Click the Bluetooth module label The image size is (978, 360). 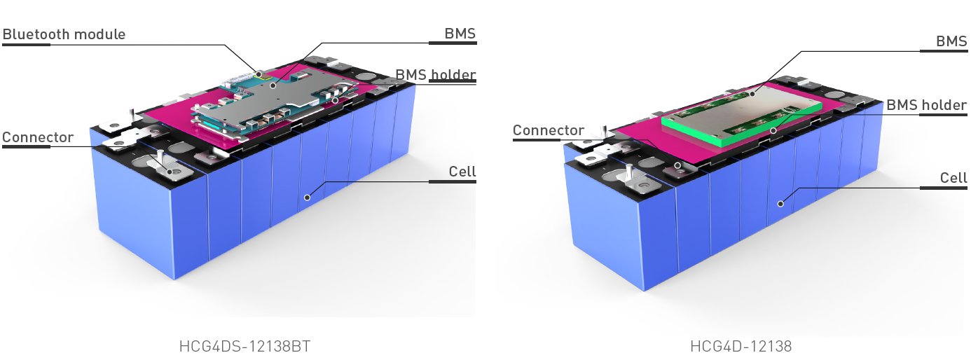pyautogui.click(x=64, y=34)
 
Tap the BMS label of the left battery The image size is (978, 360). pyautogui.click(x=460, y=34)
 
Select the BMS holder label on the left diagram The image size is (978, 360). pyautogui.click(x=436, y=75)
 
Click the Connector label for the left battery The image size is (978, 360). pyautogui.click(x=38, y=137)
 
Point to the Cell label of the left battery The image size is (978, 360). pyautogui.click(x=462, y=172)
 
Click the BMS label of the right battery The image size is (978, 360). pyautogui.click(x=951, y=41)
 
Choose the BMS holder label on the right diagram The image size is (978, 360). pyautogui.click(x=927, y=106)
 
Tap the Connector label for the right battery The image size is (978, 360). pyautogui.click(x=548, y=131)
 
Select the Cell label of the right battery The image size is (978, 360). pyautogui.click(x=953, y=179)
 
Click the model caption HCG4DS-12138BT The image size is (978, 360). pyautogui.click(x=244, y=346)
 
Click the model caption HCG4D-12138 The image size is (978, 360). pyautogui.click(x=741, y=346)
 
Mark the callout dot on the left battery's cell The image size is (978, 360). pyautogui.click(x=306, y=198)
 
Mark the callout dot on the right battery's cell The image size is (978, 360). pyautogui.click(x=780, y=203)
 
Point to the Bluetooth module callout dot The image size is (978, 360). pyautogui.click(x=259, y=74)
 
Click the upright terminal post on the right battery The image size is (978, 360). pyautogui.click(x=628, y=172)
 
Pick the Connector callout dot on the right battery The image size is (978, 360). pyautogui.click(x=677, y=165)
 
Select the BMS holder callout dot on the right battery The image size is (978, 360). pyautogui.click(x=773, y=130)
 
